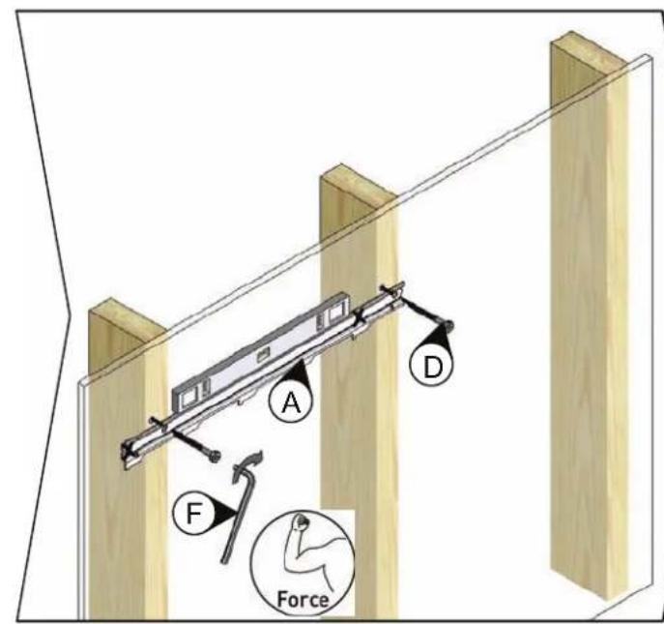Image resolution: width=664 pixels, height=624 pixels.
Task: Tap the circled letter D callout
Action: click(431, 366)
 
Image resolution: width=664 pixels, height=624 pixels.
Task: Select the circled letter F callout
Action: click(194, 513)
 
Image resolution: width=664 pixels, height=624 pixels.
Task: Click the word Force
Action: click(303, 599)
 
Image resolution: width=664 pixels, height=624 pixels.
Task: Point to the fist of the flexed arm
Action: click(302, 520)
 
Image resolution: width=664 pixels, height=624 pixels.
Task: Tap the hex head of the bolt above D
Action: click(447, 326)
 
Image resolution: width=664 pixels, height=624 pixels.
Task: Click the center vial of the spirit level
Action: click(263, 354)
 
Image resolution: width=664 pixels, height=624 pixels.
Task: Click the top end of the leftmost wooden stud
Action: click(127, 320)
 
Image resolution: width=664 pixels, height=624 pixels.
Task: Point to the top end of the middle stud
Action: click(359, 186)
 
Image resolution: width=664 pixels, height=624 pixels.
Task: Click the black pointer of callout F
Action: click(224, 513)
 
